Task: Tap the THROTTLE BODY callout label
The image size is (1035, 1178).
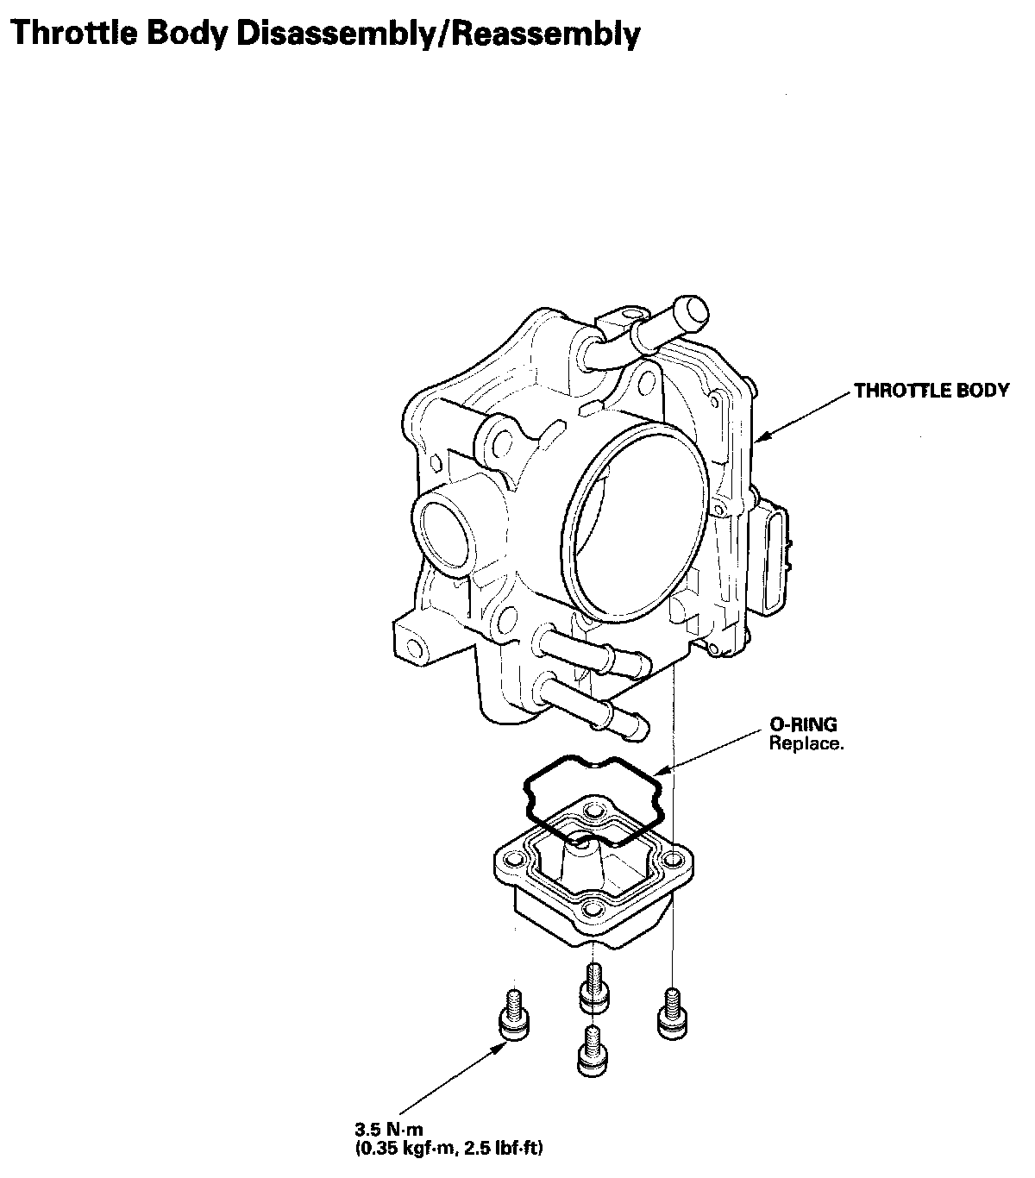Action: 931,391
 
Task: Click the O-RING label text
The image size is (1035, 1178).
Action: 804,724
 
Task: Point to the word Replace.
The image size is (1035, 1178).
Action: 806,743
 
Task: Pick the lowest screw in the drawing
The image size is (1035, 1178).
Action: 592,1052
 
